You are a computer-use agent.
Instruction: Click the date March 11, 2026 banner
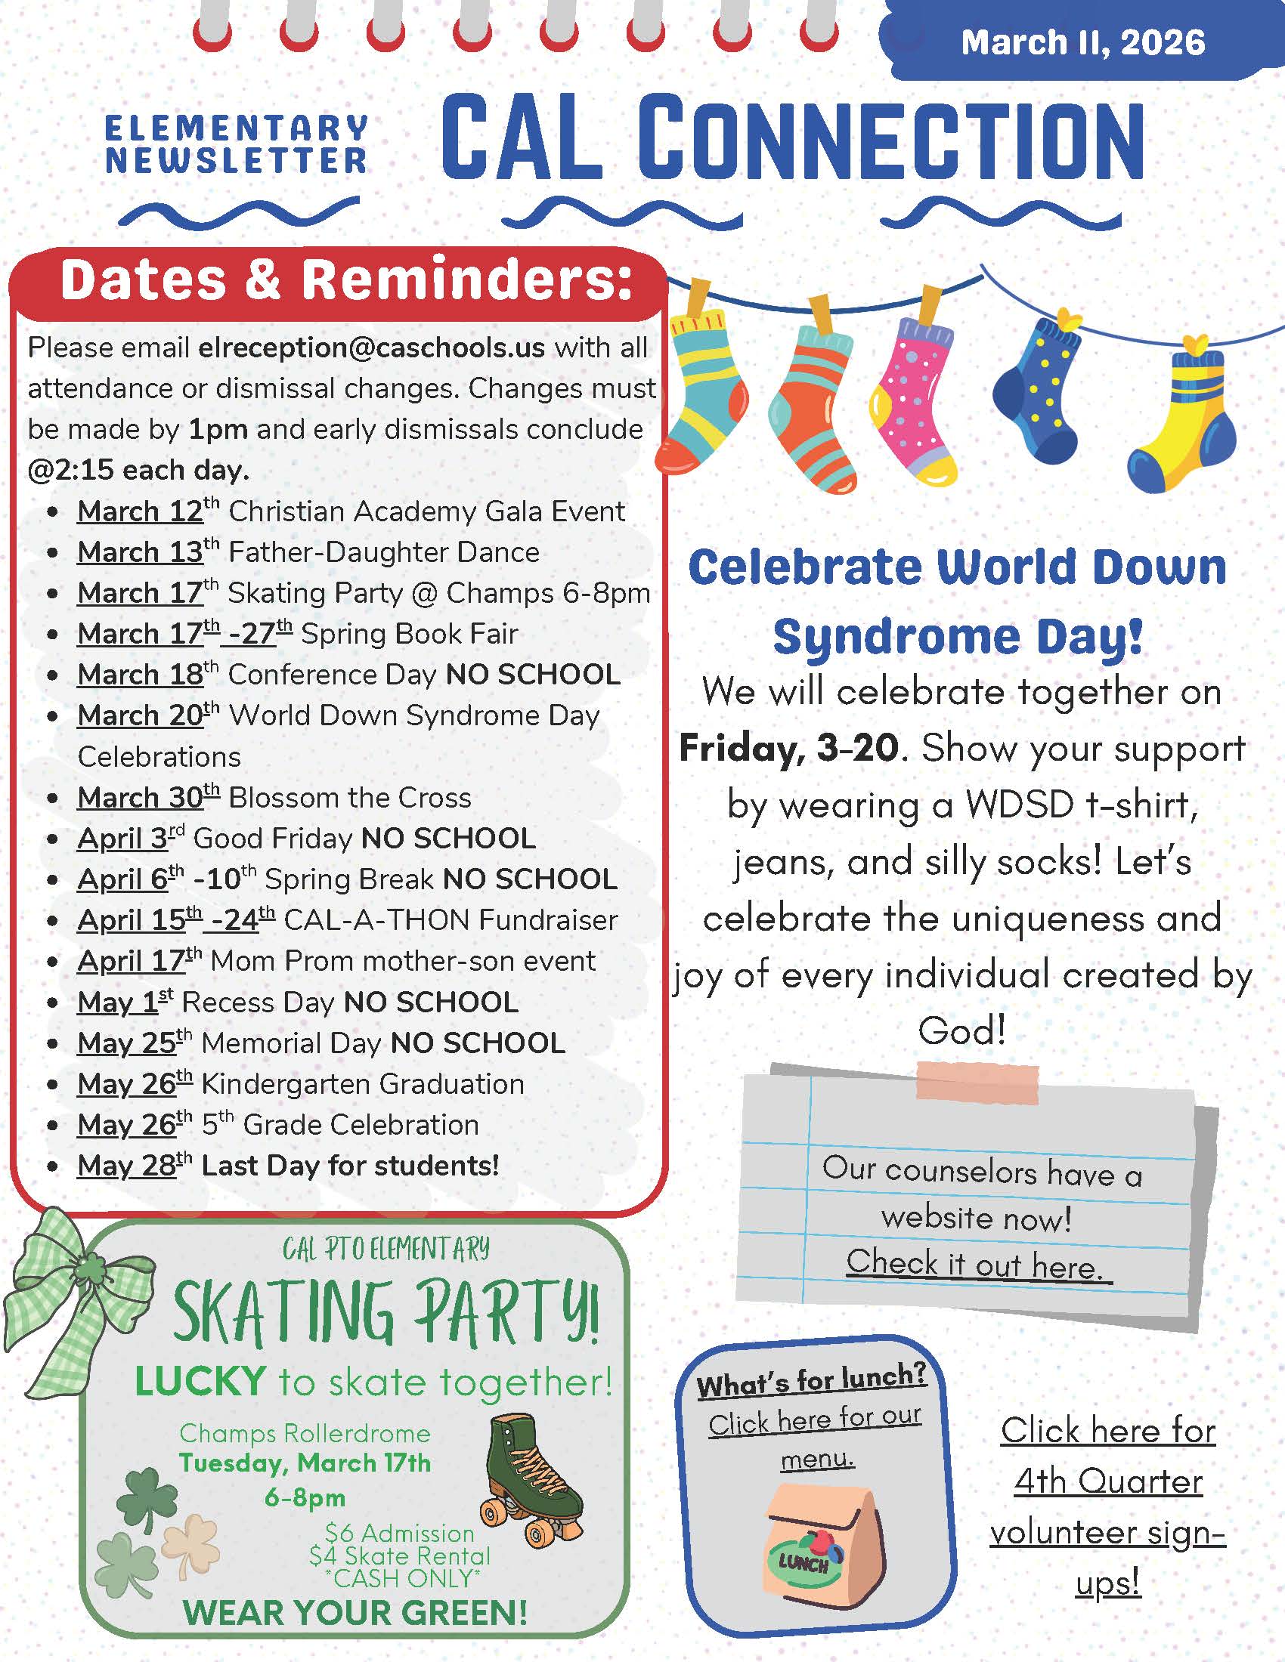point(1082,42)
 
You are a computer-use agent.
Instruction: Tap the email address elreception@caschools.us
point(371,348)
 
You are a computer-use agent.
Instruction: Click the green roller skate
point(531,1480)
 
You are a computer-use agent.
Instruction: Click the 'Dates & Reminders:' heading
point(345,280)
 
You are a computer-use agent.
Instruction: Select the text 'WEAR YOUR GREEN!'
point(355,1613)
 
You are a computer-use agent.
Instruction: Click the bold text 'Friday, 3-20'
point(789,748)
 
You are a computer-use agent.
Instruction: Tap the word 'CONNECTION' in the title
point(890,141)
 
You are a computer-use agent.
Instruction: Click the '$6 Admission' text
point(399,1533)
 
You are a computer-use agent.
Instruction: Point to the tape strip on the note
point(978,1082)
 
